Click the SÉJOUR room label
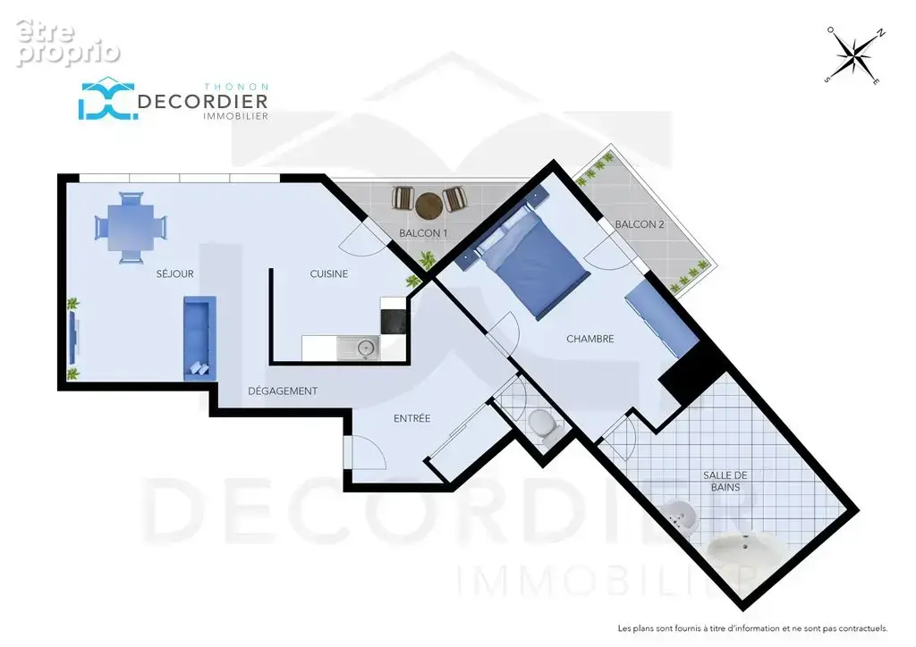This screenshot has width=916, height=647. click(x=174, y=273)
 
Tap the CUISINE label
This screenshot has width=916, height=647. click(x=329, y=273)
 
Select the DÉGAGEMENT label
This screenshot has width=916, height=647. click(x=283, y=391)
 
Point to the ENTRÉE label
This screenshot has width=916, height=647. click(x=411, y=418)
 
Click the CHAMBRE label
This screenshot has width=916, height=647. click(x=590, y=339)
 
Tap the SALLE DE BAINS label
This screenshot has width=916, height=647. click(x=725, y=482)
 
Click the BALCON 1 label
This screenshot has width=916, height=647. click(x=423, y=233)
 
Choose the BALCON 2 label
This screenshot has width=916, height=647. click(x=640, y=224)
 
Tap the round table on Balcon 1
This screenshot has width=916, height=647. click(x=428, y=206)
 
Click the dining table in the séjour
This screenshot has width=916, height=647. click(x=131, y=228)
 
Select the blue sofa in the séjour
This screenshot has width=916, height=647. click(x=199, y=339)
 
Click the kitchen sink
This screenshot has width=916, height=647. click(x=359, y=349)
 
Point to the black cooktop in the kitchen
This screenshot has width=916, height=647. click(x=394, y=322)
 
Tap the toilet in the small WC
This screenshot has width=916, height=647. click(x=541, y=424)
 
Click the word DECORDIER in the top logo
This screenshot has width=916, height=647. click(x=203, y=102)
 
